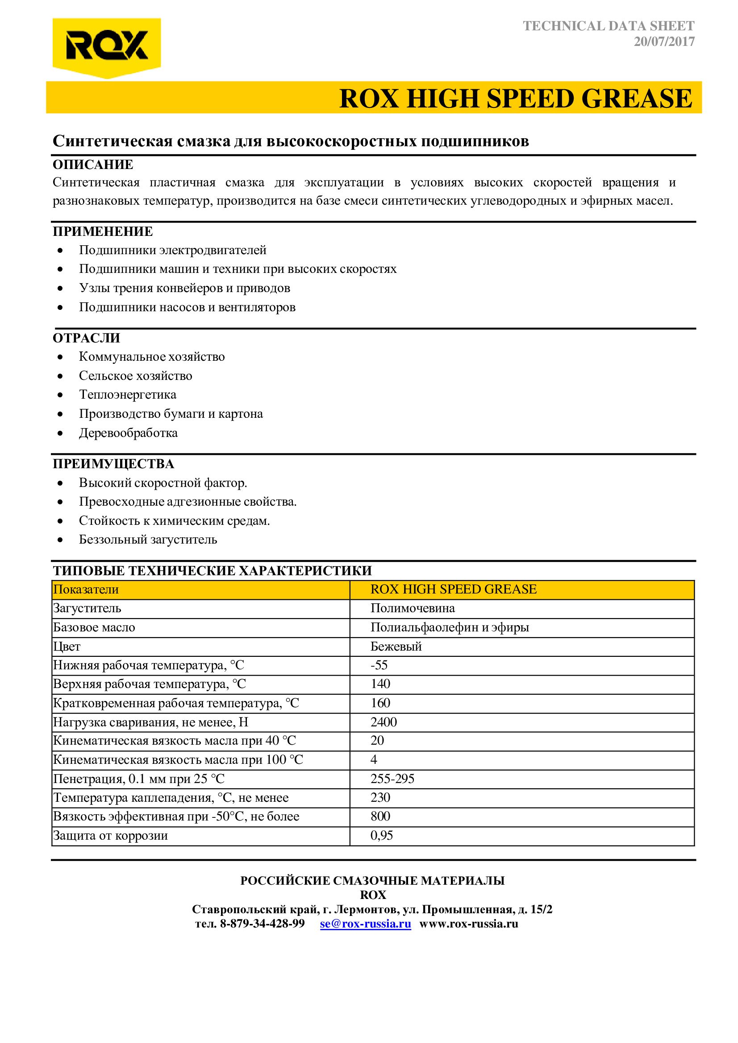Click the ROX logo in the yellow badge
coord(106,45)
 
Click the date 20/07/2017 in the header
coord(664,42)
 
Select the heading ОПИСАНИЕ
coord(93,165)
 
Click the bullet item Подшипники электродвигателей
coord(172,250)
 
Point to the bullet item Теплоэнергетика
coord(127,394)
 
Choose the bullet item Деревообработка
coord(128,433)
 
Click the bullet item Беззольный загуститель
coord(148,539)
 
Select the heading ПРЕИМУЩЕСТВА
coord(113,464)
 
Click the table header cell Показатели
coord(86,590)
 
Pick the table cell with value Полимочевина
coord(412,608)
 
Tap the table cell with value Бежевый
coord(396,647)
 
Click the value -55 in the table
coord(379,665)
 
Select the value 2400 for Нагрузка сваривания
coord(384,722)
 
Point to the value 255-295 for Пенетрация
coord(392,779)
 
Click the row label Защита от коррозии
coord(110,836)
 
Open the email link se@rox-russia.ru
coord(365,924)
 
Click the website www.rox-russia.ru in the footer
coord(468,924)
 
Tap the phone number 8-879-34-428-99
coord(262,924)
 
